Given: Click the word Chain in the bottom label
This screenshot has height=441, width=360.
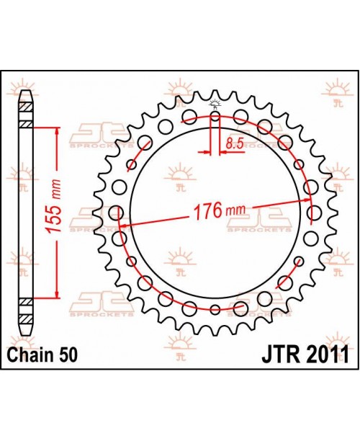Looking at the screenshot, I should [x=31, y=355].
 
